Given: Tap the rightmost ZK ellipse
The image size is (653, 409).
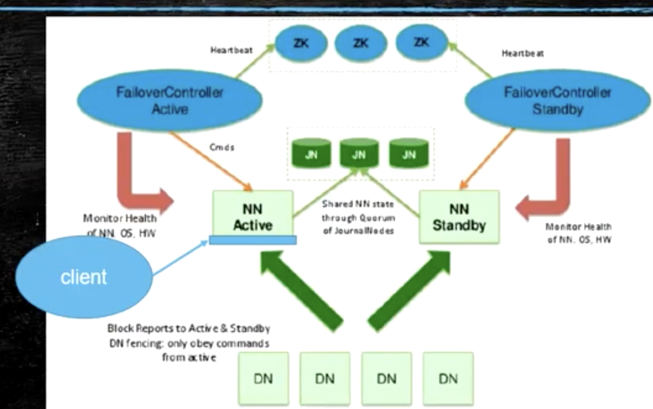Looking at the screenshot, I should tap(422, 43).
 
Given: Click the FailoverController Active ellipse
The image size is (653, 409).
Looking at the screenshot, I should tap(170, 100).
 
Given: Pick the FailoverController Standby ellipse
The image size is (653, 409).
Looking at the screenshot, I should tap(557, 100).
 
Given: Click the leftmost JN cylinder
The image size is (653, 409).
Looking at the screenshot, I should tap(311, 154).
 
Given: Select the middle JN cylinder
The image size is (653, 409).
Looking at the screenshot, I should tap(359, 154).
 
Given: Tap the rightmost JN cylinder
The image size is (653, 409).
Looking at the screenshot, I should tap(409, 154).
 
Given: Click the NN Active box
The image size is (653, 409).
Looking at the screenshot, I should tap(253, 215).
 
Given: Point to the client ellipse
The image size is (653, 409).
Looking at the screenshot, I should tap(84, 277).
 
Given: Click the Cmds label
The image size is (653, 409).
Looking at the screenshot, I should tap(222, 147).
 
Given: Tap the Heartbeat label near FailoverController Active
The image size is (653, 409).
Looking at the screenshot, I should tap(231, 50).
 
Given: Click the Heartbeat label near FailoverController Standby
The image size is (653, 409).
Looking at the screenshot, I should tap(522, 54).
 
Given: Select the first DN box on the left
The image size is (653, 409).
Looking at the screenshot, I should tap(263, 379).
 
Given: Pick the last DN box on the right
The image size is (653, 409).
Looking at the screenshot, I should tap(448, 379).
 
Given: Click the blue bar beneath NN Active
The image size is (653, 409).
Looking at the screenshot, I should tap(253, 240).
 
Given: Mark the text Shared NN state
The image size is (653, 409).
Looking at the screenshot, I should tap(358, 204).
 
